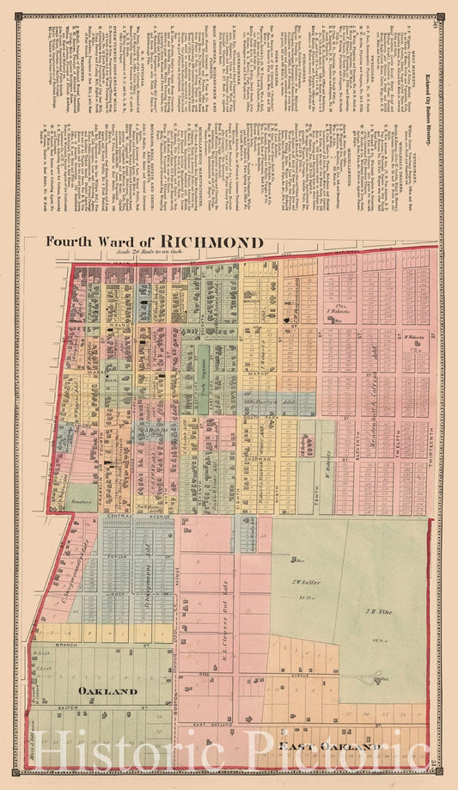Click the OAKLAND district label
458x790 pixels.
pyautogui.click(x=107, y=691)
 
